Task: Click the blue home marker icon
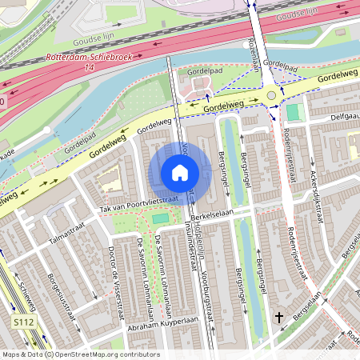tap(180, 173)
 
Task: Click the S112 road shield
tap(24, 321)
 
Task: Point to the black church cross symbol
tap(279, 318)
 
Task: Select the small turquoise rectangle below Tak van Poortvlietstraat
tap(161, 218)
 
